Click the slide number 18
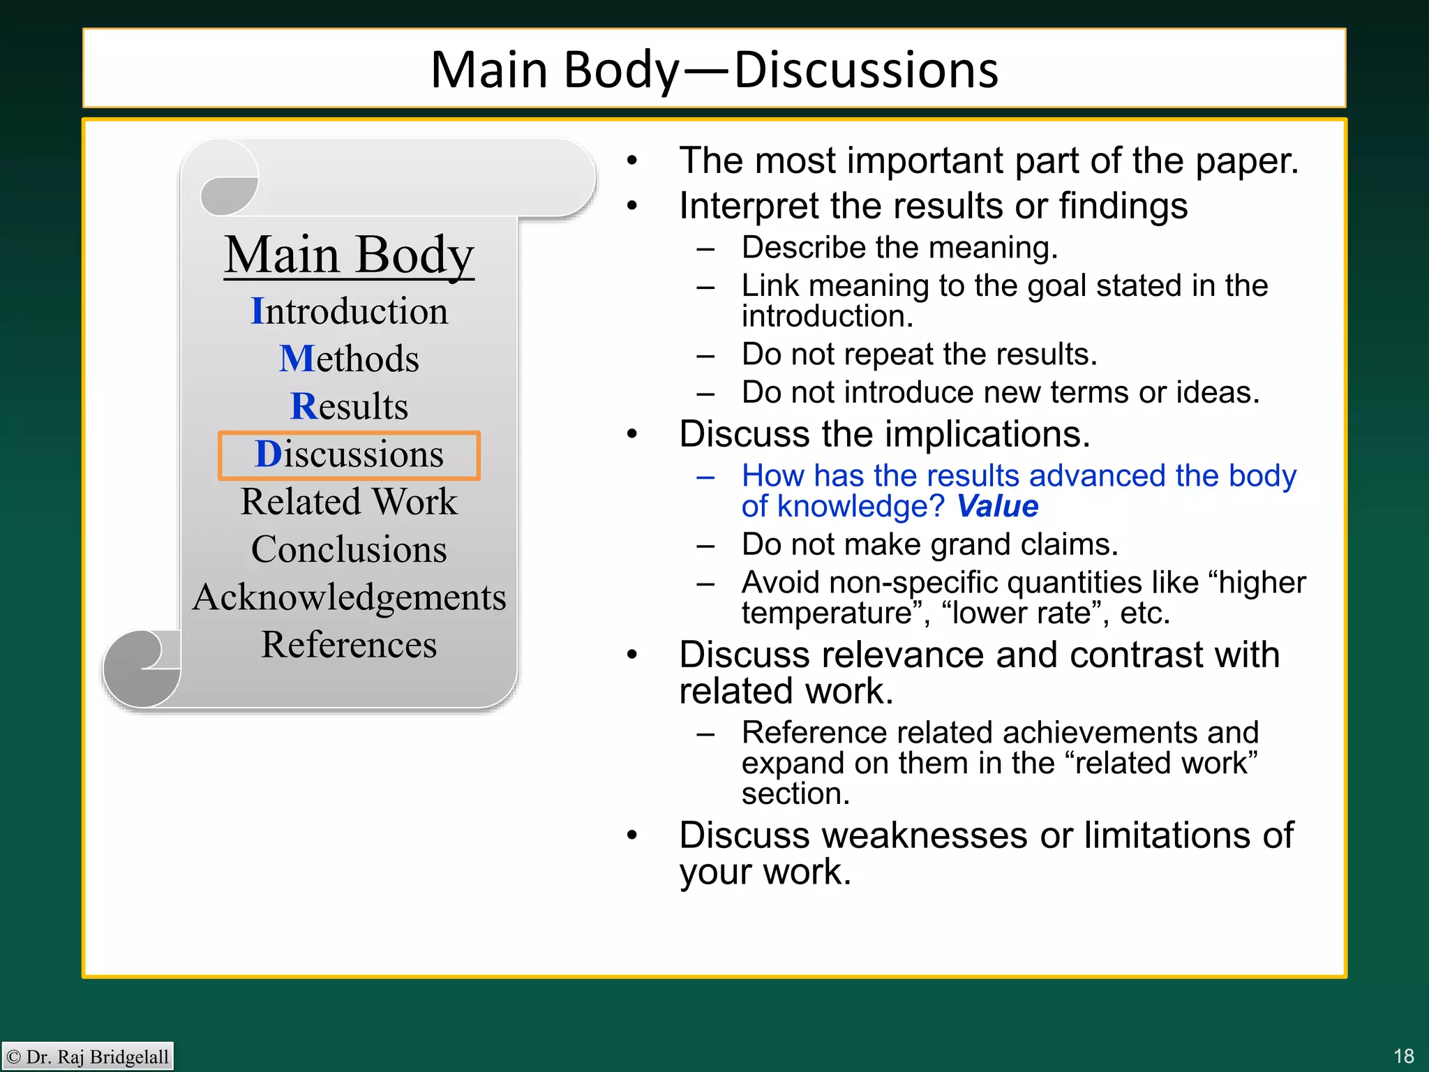(x=1403, y=1056)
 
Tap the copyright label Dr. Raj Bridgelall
(x=88, y=1057)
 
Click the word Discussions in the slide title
(x=866, y=70)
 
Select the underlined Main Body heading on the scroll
(x=349, y=255)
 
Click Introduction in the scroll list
(x=349, y=311)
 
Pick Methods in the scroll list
(x=349, y=359)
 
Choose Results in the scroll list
(x=349, y=406)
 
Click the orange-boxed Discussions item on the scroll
(x=349, y=455)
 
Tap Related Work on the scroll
(x=349, y=502)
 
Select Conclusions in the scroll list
(x=349, y=549)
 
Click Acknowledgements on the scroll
(x=349, y=597)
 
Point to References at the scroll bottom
(x=349, y=645)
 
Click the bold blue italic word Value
(x=997, y=507)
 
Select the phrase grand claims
(x=1024, y=544)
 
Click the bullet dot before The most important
(x=632, y=161)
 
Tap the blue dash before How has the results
(x=705, y=477)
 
